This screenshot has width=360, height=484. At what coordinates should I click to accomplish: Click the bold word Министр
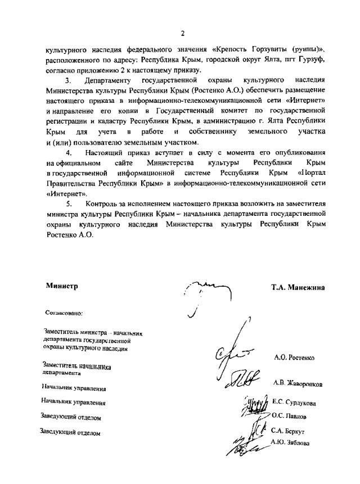click(62, 286)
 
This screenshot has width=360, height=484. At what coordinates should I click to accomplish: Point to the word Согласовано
click(64, 313)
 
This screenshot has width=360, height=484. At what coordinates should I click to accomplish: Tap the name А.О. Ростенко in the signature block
click(294, 358)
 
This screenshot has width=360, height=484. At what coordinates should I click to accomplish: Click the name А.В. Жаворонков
click(298, 383)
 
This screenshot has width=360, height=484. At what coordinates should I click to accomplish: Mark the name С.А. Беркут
click(288, 431)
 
